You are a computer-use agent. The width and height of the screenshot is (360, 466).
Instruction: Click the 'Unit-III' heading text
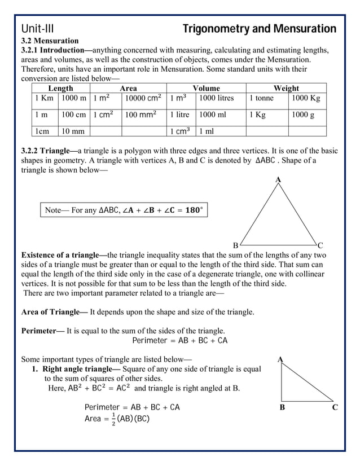pyautogui.click(x=37, y=29)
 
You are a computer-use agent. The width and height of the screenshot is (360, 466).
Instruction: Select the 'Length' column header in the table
pyautogui.click(x=60, y=89)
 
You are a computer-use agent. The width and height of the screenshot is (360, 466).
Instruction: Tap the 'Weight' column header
pyautogui.click(x=286, y=89)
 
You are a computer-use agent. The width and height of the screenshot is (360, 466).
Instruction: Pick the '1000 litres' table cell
pyautogui.click(x=217, y=98)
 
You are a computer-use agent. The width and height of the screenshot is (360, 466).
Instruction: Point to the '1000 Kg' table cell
pyautogui.click(x=306, y=98)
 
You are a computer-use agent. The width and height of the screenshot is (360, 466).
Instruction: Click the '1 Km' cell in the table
pyautogui.click(x=44, y=98)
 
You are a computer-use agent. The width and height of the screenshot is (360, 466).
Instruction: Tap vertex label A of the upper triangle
pyautogui.click(x=278, y=179)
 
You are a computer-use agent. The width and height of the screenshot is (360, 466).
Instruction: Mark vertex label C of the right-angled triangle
pyautogui.click(x=335, y=407)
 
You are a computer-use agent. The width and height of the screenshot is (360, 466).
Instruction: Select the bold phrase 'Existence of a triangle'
pyautogui.click(x=63, y=255)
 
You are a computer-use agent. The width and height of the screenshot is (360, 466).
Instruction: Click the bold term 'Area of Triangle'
pyautogui.click(x=54, y=312)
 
